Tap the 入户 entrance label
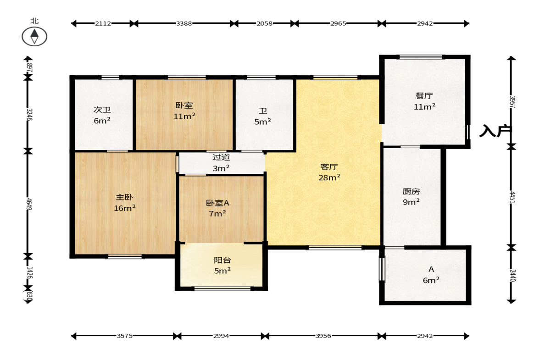click(x=495, y=131)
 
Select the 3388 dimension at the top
click(x=184, y=23)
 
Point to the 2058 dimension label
click(x=264, y=23)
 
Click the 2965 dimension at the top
click(x=338, y=23)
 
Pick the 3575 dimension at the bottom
click(x=124, y=336)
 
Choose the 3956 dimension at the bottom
click(x=323, y=336)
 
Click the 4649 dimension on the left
click(x=29, y=204)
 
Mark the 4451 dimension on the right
click(x=512, y=197)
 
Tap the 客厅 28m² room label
click(x=329, y=172)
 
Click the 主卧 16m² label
click(x=124, y=203)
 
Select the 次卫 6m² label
click(x=102, y=115)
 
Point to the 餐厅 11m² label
click(x=424, y=101)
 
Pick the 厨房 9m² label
click(x=411, y=197)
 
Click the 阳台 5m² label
click(x=222, y=266)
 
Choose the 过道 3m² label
click(x=221, y=163)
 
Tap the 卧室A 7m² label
click(x=217, y=208)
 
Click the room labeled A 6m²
click(x=431, y=275)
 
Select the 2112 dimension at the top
click(x=103, y=23)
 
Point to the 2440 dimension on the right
click(x=512, y=275)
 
